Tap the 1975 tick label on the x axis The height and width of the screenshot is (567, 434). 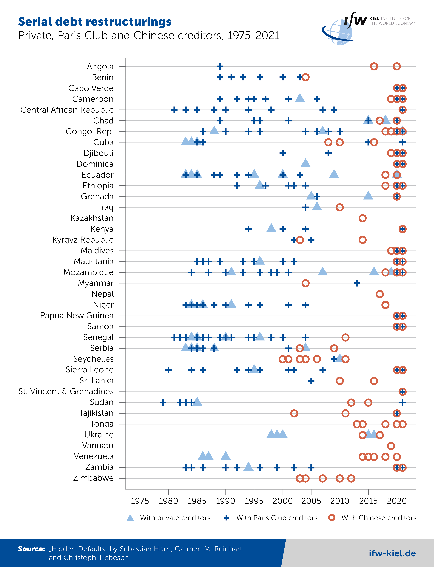140,501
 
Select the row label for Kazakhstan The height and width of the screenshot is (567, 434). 92,218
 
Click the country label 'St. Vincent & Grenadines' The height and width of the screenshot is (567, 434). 66,391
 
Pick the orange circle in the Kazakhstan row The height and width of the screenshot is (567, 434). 362,218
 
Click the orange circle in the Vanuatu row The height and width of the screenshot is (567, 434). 391,446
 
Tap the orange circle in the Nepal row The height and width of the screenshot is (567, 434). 379,294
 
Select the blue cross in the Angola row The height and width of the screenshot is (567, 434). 220,66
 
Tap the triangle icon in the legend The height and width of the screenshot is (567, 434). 130,518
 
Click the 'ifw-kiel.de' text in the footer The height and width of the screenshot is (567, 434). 392,553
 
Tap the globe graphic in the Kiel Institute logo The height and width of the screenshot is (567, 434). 341,32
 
